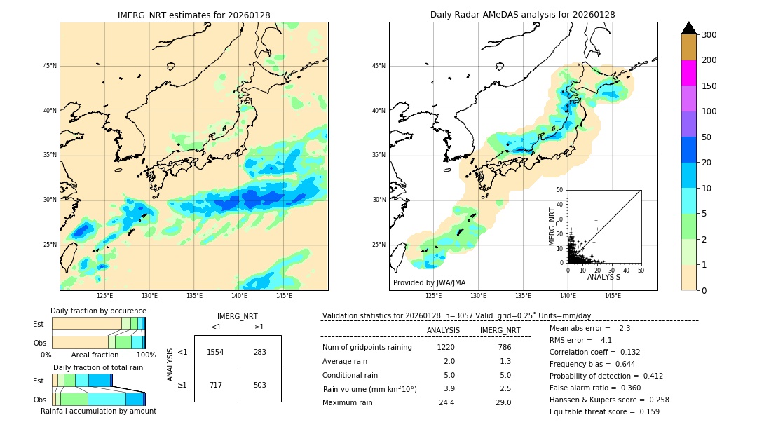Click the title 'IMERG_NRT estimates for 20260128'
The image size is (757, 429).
pyautogui.click(x=193, y=15)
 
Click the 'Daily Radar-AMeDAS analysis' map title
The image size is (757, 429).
pyautogui.click(x=523, y=15)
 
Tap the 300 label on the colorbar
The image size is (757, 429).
pyautogui.click(x=709, y=35)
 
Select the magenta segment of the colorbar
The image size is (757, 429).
pyautogui.click(x=688, y=73)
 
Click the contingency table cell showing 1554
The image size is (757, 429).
pyautogui.click(x=216, y=352)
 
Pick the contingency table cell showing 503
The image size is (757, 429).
pyautogui.click(x=259, y=385)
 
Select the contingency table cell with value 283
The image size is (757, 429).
pyautogui.click(x=259, y=352)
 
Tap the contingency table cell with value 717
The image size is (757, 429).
pyautogui.click(x=216, y=385)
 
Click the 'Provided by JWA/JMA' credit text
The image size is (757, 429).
pyautogui.click(x=429, y=283)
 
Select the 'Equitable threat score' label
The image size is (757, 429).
pyautogui.click(x=589, y=411)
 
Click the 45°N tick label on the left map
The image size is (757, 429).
pyautogui.click(x=49, y=67)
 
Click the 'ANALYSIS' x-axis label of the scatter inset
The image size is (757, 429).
pyautogui.click(x=603, y=277)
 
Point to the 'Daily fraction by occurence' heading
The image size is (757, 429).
pyautogui.click(x=98, y=311)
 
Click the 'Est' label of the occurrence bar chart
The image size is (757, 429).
pyautogui.click(x=39, y=324)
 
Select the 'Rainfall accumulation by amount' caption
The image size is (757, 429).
pyautogui.click(x=98, y=411)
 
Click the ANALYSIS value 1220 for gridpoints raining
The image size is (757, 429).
pyautogui.click(x=446, y=347)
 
